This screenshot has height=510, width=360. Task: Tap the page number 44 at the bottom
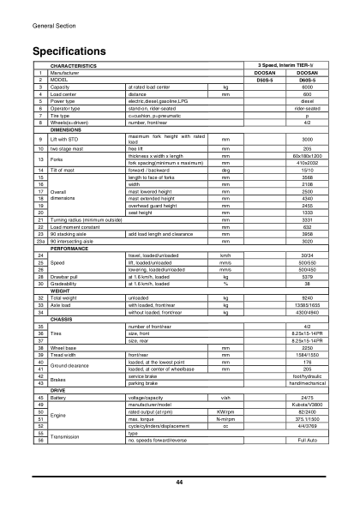[x=180, y=483]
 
